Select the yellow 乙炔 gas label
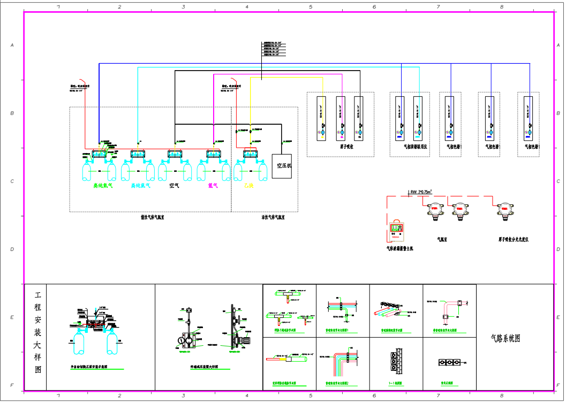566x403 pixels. [x=248, y=186]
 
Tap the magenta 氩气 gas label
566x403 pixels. [x=213, y=186]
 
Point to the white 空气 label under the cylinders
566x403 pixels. [x=174, y=186]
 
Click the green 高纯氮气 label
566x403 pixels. [x=102, y=186]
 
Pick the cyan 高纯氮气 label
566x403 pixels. [x=141, y=186]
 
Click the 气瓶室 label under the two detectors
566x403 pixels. [x=443, y=240]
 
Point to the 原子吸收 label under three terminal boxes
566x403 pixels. [x=346, y=146]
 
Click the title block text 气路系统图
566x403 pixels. [x=505, y=338]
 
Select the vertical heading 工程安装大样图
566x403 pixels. [x=37, y=332]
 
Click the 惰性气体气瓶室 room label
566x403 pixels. [x=152, y=217]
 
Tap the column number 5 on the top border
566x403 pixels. [x=311, y=6]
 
